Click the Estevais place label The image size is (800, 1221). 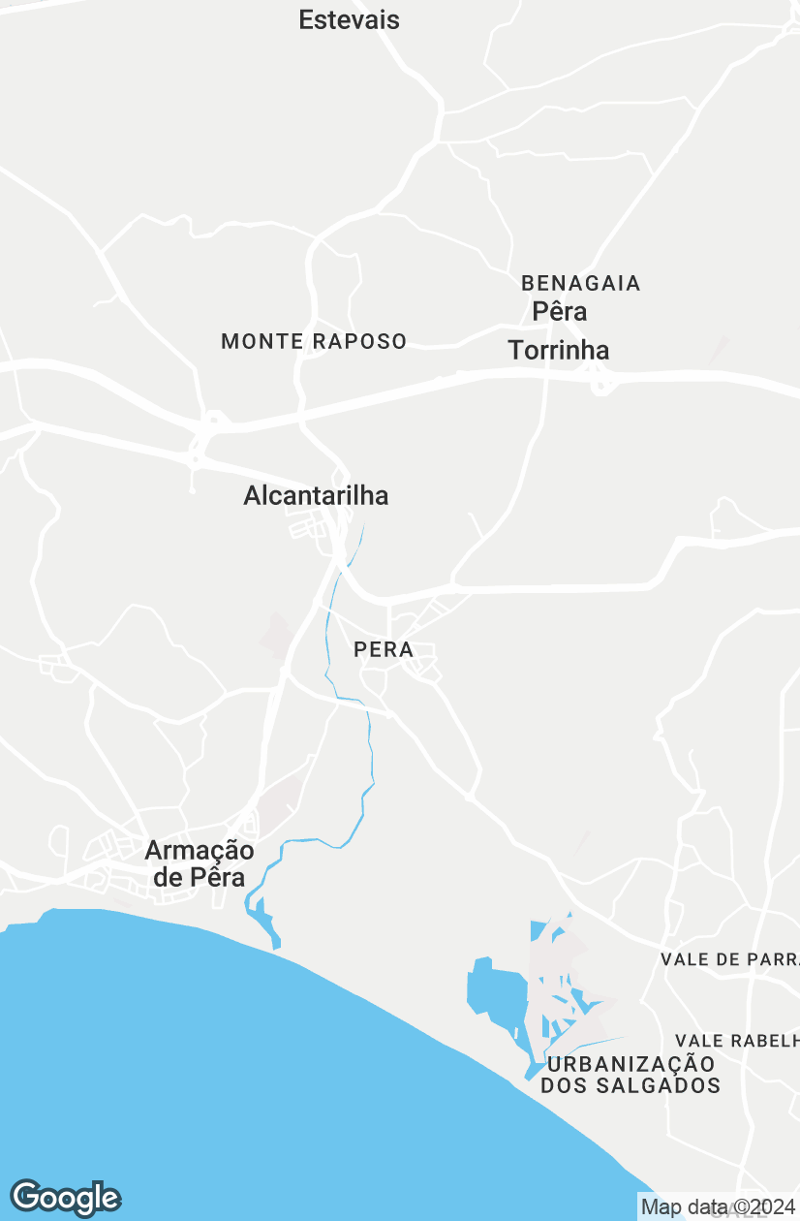(349, 19)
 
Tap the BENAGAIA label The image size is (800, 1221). (580, 283)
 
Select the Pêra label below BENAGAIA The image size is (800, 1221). (560, 312)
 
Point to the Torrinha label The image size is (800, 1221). (559, 350)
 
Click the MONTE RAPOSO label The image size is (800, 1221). (314, 341)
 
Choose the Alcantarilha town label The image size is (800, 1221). (316, 496)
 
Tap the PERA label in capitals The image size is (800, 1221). (384, 649)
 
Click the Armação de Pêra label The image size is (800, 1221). (200, 863)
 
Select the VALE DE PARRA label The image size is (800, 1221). (728, 959)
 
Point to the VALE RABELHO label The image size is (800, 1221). (736, 1040)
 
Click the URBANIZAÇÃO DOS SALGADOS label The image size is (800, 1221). (631, 1074)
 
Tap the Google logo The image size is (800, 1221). (65, 1199)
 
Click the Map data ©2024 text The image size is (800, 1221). (717, 1207)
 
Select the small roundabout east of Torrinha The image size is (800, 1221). (603, 386)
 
